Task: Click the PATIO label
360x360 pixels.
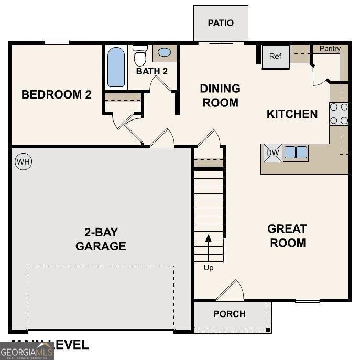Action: (221, 23)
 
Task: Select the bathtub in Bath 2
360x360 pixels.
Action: (116, 67)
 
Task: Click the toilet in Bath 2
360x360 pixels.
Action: (140, 55)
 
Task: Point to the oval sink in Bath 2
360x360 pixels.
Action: (164, 52)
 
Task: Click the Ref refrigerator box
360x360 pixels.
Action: (276, 57)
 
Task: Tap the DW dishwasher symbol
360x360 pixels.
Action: (272, 152)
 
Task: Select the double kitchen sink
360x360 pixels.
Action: (296, 152)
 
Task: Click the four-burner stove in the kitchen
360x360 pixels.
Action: (339, 114)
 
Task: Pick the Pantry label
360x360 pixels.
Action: (330, 49)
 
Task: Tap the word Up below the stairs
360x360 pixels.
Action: (209, 268)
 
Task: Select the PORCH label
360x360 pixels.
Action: (230, 314)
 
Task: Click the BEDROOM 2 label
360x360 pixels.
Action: (57, 95)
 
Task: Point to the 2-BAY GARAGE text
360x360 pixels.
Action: (100, 239)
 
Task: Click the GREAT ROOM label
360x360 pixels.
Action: (287, 236)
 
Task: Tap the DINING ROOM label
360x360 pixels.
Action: (220, 95)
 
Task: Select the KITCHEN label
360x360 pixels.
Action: (292, 114)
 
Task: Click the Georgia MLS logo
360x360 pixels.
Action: (27, 351)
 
